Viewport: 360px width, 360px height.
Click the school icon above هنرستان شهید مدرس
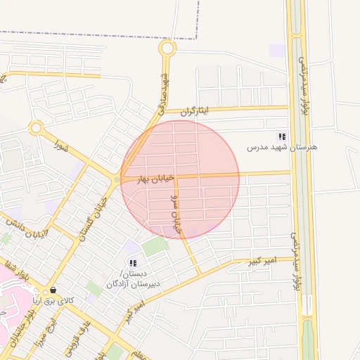pyautogui.click(x=282, y=136)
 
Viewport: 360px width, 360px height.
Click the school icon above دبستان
pyautogui.click(x=133, y=263)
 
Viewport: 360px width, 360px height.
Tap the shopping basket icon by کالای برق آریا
pyautogui.click(x=53, y=290)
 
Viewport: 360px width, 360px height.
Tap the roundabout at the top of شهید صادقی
pyautogui.click(x=167, y=49)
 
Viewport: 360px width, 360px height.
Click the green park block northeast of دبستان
pyautogui.click(x=155, y=246)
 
